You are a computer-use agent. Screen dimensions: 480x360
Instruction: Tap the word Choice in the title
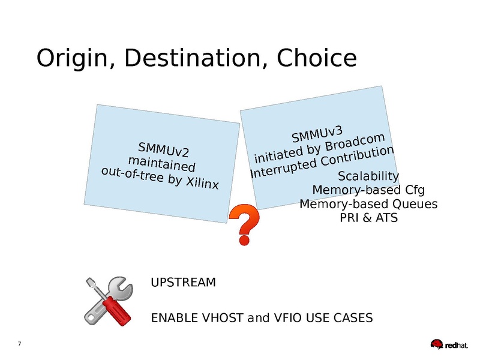click(x=317, y=58)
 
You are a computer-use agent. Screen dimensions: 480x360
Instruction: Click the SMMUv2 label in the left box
click(x=163, y=149)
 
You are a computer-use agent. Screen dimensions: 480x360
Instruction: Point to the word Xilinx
click(x=203, y=182)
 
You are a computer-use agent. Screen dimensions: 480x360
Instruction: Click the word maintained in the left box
click(x=161, y=164)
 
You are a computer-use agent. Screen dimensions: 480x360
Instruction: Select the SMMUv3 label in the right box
click(x=317, y=134)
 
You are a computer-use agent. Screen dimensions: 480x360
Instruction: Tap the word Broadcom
click(x=355, y=142)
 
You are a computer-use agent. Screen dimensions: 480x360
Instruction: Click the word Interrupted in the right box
click(x=283, y=169)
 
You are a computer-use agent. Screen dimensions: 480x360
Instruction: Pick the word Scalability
click(x=368, y=176)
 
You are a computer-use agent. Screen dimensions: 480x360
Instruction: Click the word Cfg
click(x=415, y=190)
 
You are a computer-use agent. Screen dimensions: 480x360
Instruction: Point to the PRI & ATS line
click(x=368, y=218)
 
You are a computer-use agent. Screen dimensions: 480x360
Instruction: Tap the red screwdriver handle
click(x=117, y=310)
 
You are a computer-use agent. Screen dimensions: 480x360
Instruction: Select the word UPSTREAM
click(x=184, y=282)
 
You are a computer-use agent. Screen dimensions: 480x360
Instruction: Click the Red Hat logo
click(x=449, y=344)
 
